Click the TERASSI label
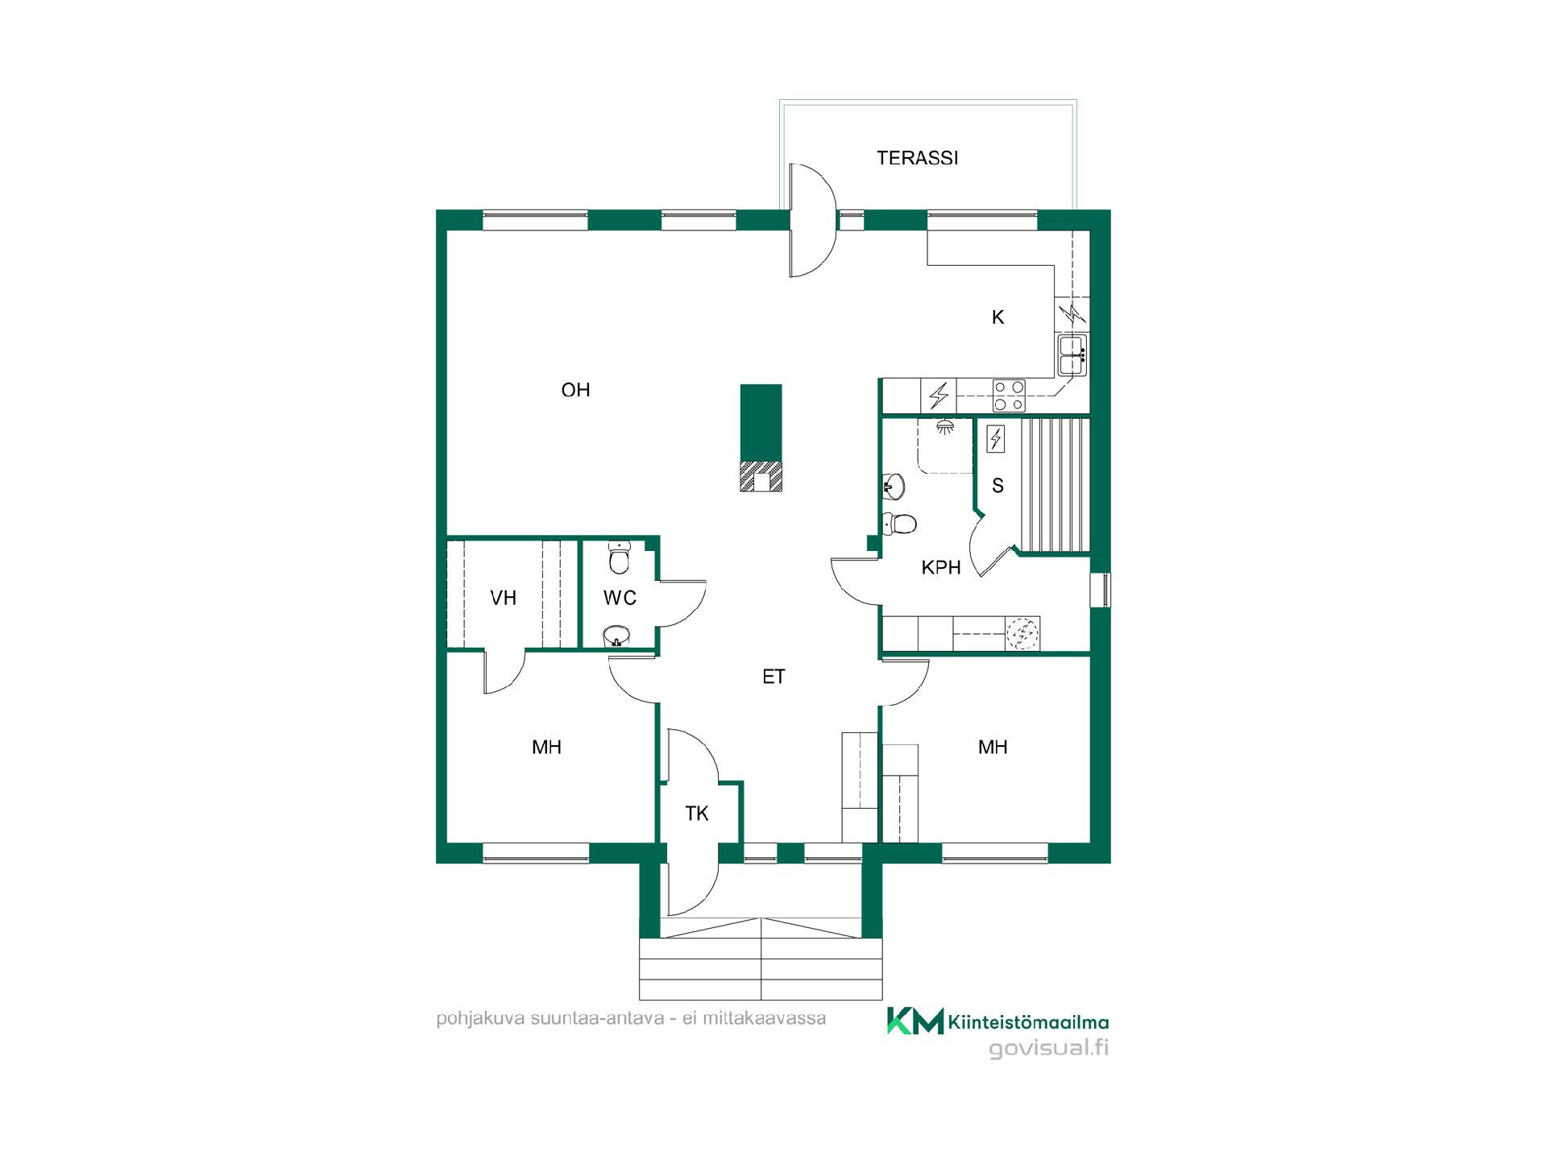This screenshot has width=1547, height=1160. click(917, 158)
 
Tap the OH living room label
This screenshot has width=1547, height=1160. click(575, 390)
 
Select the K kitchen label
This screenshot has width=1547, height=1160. click(997, 317)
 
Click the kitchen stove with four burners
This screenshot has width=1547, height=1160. click(1009, 396)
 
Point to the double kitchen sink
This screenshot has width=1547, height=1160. click(1072, 355)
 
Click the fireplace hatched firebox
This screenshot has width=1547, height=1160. click(761, 476)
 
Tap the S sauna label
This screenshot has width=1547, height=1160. click(997, 486)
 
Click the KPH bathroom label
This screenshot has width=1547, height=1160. click(941, 568)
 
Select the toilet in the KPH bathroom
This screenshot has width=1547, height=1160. click(899, 524)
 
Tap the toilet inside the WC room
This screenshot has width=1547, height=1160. click(619, 557)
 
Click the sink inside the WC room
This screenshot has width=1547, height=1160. click(617, 636)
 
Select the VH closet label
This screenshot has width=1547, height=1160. click(503, 598)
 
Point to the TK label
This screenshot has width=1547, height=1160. click(697, 814)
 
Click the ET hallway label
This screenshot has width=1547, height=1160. click(773, 677)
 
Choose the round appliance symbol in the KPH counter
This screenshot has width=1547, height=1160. click(1022, 634)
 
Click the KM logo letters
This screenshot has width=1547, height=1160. click(915, 1021)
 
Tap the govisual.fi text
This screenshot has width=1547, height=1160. click(1048, 1048)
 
